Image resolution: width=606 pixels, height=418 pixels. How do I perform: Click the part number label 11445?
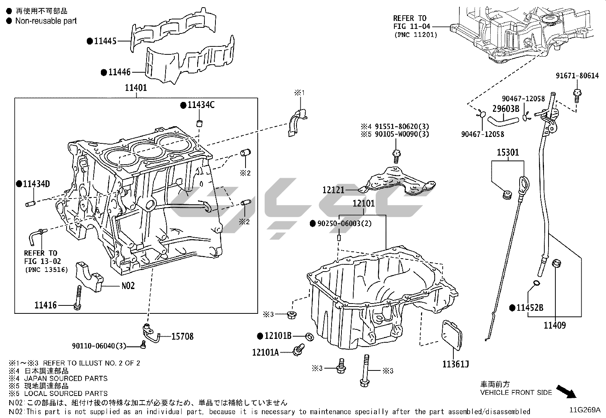pos(105,41)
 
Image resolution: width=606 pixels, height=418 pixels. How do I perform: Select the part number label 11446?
pos(119,72)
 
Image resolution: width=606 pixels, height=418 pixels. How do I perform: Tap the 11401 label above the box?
pos(136,88)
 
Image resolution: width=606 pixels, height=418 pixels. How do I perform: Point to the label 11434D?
pos(36,184)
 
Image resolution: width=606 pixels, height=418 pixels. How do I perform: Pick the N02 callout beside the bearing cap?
pos(128,286)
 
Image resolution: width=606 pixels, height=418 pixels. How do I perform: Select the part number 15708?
pos(182,336)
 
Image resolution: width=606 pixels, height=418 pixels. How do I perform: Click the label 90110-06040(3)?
pos(99,346)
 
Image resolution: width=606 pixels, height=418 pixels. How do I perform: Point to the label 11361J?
pos(455,364)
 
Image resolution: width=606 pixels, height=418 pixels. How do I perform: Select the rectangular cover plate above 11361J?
pos(452,335)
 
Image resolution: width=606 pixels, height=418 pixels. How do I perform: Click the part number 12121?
pos(333,189)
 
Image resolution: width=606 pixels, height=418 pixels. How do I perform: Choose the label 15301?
pos(508,153)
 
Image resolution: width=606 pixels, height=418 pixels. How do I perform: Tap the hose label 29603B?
pos(506,109)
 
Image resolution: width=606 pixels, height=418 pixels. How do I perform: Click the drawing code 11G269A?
pos(585,410)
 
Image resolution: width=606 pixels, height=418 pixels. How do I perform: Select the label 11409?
pos(554,325)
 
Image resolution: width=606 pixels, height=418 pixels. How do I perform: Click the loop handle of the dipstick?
pos(525,184)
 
